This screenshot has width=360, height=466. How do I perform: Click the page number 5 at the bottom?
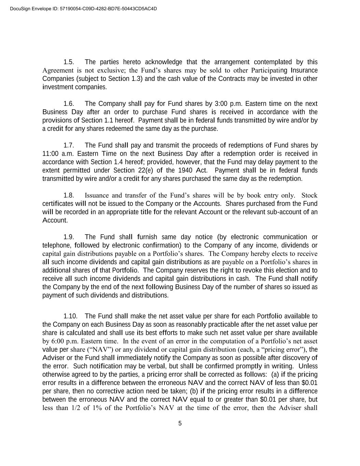coord(180,424)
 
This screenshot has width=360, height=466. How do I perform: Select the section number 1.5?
coord(69,62)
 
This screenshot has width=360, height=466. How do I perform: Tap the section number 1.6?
coord(69,104)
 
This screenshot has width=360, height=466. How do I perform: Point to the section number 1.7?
coord(69,145)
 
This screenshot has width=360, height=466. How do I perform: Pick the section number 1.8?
coord(69,195)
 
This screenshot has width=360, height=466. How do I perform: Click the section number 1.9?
coord(69,237)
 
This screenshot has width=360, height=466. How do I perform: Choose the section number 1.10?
coord(70,316)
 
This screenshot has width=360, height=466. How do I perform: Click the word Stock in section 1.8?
coord(309,195)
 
